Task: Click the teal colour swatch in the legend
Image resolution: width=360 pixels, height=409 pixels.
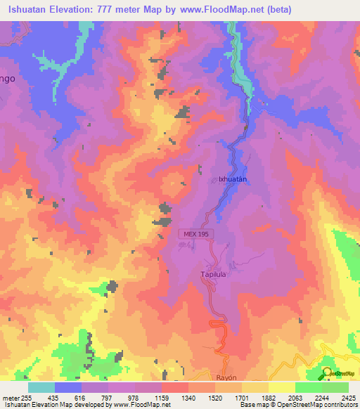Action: (x=41, y=387)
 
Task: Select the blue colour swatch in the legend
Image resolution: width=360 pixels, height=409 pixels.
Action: (x=68, y=387)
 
